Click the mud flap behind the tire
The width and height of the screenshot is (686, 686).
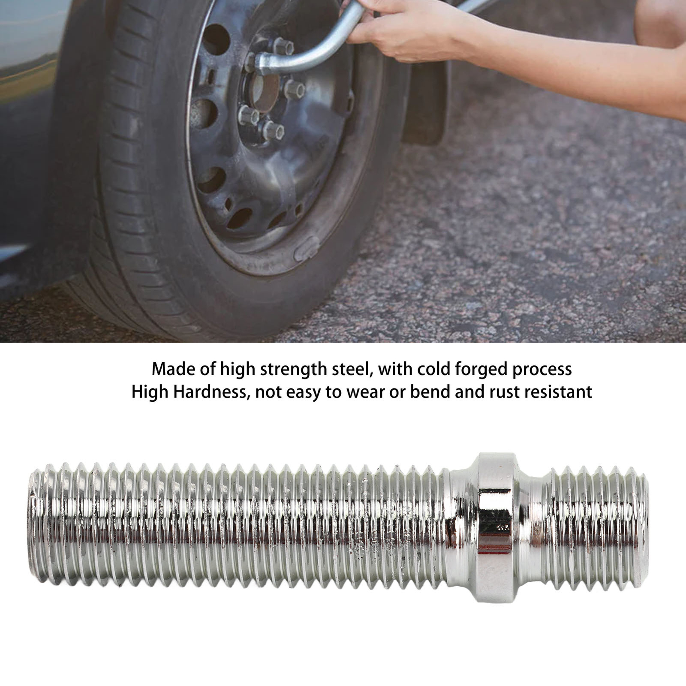pos(424,107)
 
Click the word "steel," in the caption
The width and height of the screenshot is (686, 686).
pos(352,369)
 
